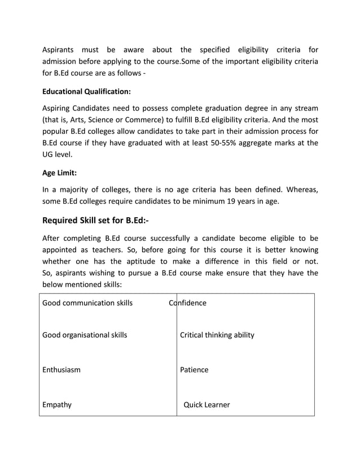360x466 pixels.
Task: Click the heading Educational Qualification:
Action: [87, 90]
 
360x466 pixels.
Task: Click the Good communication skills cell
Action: [87, 303]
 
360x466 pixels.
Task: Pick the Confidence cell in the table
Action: [188, 303]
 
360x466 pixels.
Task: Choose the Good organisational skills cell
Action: [85, 335]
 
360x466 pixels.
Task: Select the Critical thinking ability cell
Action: [217, 335]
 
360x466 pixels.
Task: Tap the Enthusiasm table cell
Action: [62, 370]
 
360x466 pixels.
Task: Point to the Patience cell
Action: [194, 370]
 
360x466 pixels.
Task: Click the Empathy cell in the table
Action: [57, 405]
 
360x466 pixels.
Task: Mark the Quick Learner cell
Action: [207, 405]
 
